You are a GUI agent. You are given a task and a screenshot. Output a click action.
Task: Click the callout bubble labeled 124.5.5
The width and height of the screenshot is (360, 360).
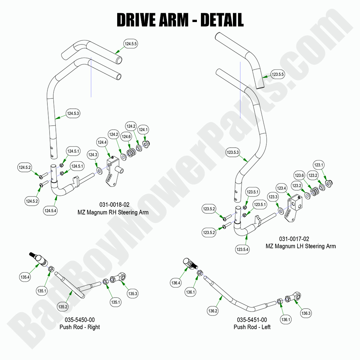131,44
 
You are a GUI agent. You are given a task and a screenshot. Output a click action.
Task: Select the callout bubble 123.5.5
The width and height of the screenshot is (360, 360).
278,75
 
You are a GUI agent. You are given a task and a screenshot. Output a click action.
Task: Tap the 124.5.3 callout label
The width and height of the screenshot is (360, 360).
73,114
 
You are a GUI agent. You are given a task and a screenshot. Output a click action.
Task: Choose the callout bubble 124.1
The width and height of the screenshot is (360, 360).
143,129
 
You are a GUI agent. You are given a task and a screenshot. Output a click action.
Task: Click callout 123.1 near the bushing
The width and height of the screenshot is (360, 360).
318,165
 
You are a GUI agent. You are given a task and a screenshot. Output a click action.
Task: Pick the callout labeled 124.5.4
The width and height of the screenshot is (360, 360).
51,211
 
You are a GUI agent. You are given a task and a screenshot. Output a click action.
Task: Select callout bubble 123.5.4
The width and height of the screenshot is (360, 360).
242,249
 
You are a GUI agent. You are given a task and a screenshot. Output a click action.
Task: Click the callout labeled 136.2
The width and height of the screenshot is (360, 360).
213,311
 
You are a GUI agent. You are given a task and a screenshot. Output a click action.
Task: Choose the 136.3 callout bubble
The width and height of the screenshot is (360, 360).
306,313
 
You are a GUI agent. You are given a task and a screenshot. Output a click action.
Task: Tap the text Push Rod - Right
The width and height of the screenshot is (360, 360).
80,327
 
